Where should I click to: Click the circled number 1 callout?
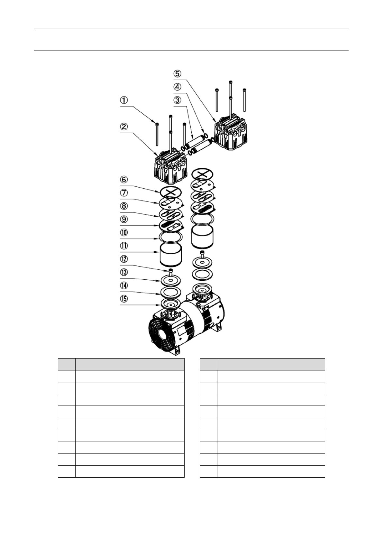[124, 100]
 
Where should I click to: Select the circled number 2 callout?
[124, 126]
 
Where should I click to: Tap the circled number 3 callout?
[178, 100]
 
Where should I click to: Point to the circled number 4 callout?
[178, 87]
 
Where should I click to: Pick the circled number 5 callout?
[178, 73]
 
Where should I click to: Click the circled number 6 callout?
[124, 180]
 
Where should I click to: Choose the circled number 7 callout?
[124, 193]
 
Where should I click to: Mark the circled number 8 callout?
[124, 206]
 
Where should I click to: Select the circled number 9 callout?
[124, 219]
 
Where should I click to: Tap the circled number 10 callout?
[124, 232]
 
